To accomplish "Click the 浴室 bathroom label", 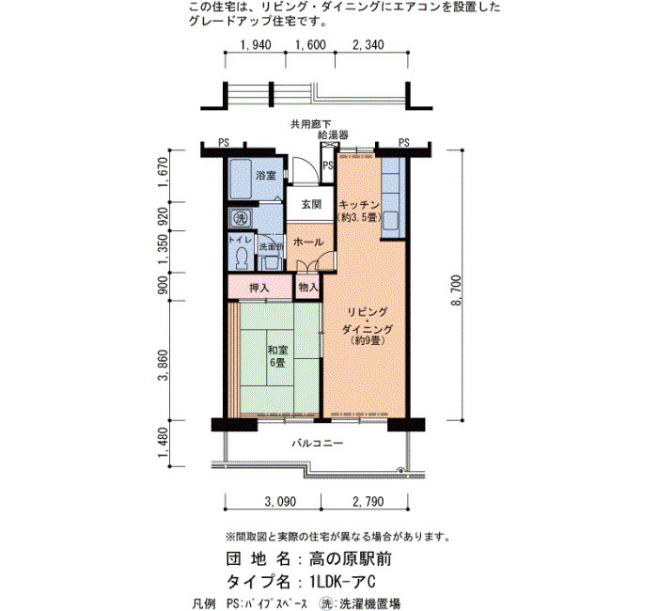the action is click(266, 175).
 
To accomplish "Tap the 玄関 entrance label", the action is click(311, 204).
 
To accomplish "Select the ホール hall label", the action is click(308, 243).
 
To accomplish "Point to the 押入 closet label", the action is click(258, 288).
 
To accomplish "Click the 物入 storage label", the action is click(308, 288).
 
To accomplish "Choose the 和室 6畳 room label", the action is click(277, 356).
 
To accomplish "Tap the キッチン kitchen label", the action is click(359, 205).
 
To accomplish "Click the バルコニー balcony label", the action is click(318, 443).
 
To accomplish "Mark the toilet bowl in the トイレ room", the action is click(242, 258).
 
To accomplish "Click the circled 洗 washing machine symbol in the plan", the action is click(241, 218).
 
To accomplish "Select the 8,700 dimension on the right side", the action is click(457, 290).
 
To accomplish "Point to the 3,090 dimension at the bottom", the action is click(280, 501).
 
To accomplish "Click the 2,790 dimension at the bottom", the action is click(368, 501).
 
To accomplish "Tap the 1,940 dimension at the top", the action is click(256, 44).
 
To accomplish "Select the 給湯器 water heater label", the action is click(333, 135).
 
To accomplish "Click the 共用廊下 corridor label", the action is click(311, 124).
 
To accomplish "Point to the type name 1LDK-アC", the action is click(342, 582).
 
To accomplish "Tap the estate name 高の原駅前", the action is click(351, 558).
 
